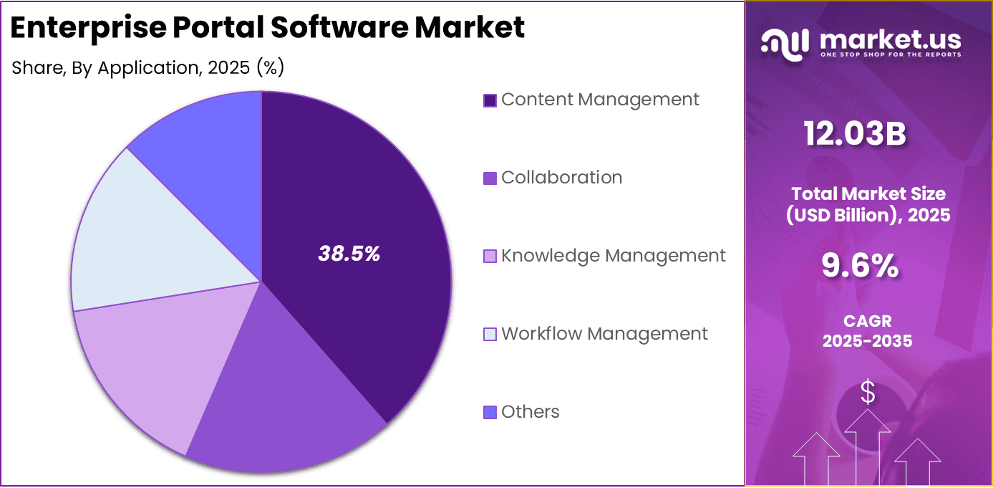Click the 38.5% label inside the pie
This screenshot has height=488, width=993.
pos(349,254)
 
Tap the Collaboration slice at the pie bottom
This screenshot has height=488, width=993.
pos(286,416)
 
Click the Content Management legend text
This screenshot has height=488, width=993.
pos(600,100)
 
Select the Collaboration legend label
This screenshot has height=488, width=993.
pos(561,178)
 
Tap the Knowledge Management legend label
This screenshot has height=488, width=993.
pos(613,256)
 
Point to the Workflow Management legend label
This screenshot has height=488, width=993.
pos(604,334)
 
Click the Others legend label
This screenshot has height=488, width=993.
pos(530,412)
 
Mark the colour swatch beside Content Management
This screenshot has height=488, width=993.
pos(490,100)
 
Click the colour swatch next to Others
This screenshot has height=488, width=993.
pos(490,413)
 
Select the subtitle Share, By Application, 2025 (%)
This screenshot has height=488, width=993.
pos(148,68)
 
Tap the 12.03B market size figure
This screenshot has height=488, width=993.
pos(854,134)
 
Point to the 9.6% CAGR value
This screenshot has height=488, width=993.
pos(860,267)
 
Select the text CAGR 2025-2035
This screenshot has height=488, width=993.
pos(867,331)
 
